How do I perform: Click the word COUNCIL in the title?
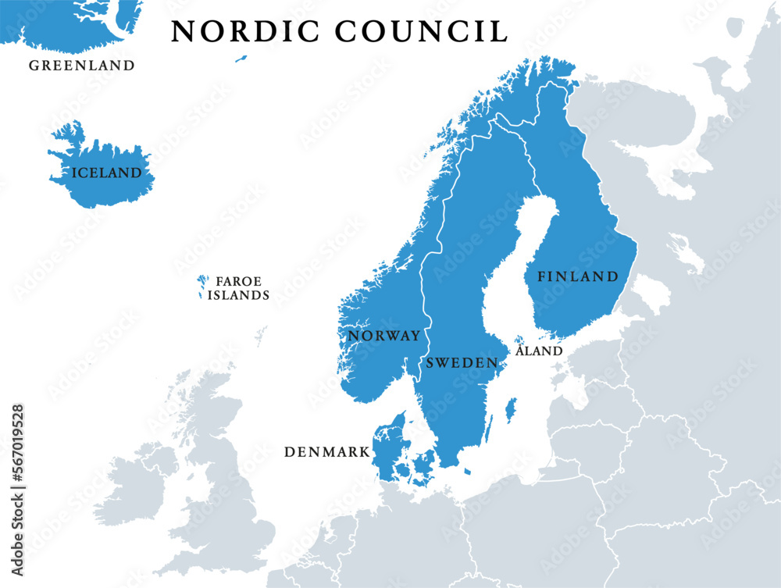point(423,31)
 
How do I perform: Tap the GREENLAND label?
point(82,66)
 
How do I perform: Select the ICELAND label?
point(107,173)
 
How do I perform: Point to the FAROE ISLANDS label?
point(239,288)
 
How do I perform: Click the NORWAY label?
point(383,336)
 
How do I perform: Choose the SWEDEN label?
point(462,363)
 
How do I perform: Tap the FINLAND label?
point(577,276)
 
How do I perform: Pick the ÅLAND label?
point(539,351)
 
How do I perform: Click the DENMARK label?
point(326,452)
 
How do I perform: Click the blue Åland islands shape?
point(519,340)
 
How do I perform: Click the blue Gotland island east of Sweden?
point(512,408)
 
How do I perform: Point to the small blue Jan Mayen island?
point(241,58)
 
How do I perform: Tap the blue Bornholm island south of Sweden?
point(467,472)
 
